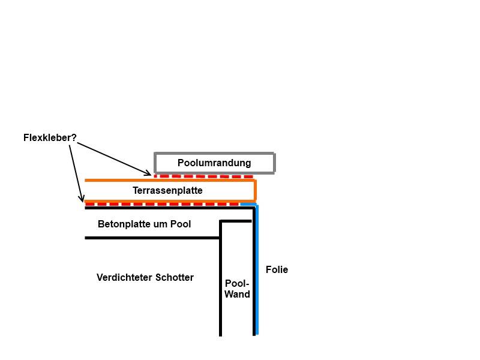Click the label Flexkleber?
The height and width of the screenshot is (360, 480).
pyautogui.click(x=50, y=138)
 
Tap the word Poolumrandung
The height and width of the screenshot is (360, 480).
pyautogui.click(x=214, y=163)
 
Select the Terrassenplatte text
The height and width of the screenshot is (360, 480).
pyautogui.click(x=167, y=190)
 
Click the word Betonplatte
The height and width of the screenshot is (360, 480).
pyautogui.click(x=123, y=224)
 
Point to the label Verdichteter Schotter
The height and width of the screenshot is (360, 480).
pyautogui.click(x=145, y=277)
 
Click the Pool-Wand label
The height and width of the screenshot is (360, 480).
pyautogui.click(x=237, y=289)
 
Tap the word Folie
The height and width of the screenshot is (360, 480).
pyautogui.click(x=277, y=270)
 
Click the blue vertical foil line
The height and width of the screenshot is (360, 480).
pyautogui.click(x=257, y=270)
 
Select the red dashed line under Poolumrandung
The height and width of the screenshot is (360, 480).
pyautogui.click(x=204, y=176)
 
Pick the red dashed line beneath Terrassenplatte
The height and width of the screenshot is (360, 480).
pyautogui.click(x=162, y=204)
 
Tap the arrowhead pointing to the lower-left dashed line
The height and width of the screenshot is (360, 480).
pyautogui.click(x=81, y=200)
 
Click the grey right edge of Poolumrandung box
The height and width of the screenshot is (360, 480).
pyautogui.click(x=274, y=163)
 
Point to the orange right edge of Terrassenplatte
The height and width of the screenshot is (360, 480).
pyautogui.click(x=255, y=190)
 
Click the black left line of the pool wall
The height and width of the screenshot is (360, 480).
pyautogui.click(x=221, y=282)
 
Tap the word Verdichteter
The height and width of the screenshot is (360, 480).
pyautogui.click(x=125, y=277)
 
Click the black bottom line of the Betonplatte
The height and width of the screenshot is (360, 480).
pyautogui.click(x=150, y=238)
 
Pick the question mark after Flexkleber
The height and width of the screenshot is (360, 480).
pyautogui.click(x=74, y=138)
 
